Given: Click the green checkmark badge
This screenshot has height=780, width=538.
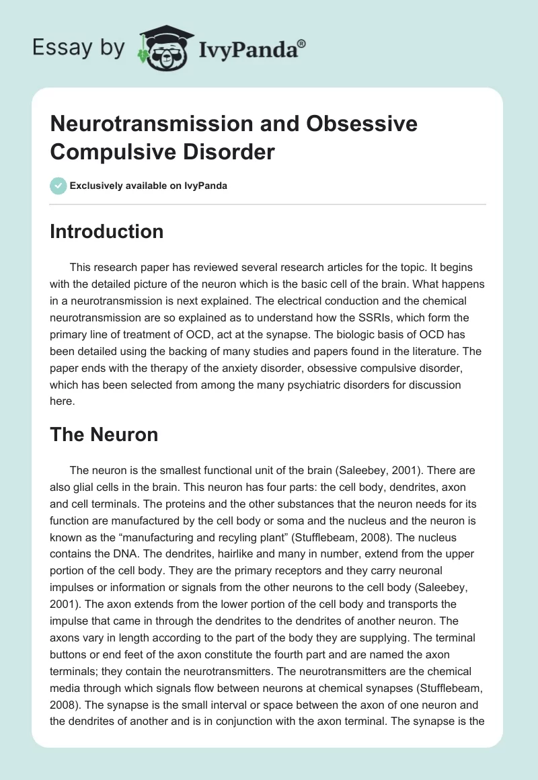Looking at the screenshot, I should point(59,186).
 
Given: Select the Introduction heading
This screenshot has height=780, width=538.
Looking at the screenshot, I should point(107,231).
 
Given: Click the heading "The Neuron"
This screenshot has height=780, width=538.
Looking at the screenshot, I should point(104,434).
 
